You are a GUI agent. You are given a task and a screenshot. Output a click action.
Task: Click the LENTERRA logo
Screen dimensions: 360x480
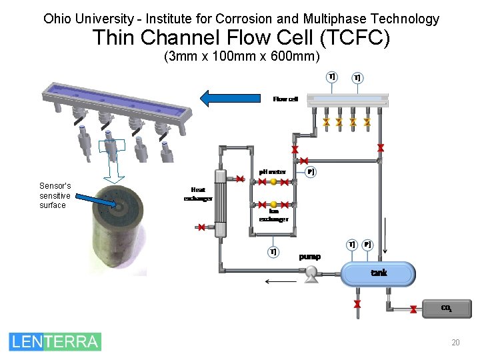point(55,341)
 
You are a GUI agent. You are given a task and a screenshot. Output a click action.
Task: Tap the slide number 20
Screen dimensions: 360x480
point(455,343)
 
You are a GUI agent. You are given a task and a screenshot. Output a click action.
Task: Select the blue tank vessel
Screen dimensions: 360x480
point(378,273)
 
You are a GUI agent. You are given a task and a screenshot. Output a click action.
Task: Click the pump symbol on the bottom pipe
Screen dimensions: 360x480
point(311,273)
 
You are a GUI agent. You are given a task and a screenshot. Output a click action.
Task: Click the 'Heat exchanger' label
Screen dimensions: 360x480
point(198,194)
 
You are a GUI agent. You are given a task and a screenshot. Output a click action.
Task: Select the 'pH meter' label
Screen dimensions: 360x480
point(273,171)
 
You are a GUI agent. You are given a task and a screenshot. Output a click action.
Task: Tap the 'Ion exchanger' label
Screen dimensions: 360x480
point(273,215)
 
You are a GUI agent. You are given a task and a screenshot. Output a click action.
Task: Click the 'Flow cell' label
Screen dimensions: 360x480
point(285,99)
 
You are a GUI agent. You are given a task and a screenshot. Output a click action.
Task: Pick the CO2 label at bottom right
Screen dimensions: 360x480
point(446,308)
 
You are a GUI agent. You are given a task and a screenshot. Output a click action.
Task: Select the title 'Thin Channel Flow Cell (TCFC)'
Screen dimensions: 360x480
point(241,39)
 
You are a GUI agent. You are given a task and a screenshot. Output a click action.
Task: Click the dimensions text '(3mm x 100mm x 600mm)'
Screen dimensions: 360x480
point(241,57)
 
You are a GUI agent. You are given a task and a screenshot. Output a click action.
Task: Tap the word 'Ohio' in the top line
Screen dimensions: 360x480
point(57,19)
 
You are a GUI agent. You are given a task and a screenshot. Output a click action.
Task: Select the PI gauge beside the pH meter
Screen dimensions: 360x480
point(311,172)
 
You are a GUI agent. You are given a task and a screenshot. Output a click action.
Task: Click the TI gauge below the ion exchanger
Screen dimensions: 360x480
point(273,252)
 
